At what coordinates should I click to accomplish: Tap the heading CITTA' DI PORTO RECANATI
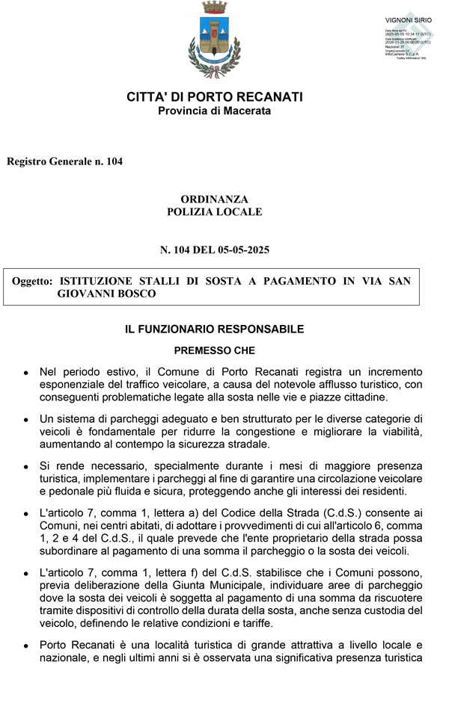pos(214,97)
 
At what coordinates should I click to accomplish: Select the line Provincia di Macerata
pos(214,111)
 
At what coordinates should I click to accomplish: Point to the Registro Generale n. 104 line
pos(64,161)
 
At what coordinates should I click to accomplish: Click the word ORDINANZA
pos(214,199)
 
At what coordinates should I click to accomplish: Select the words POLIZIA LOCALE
pos(214,212)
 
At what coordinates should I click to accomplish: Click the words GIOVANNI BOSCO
pos(107,294)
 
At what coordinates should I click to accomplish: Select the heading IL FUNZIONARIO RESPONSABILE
pos(214,329)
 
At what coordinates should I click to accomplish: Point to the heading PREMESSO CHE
pos(214,350)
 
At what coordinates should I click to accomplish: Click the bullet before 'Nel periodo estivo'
pos(26,372)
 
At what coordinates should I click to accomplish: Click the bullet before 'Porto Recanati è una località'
pos(26,644)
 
